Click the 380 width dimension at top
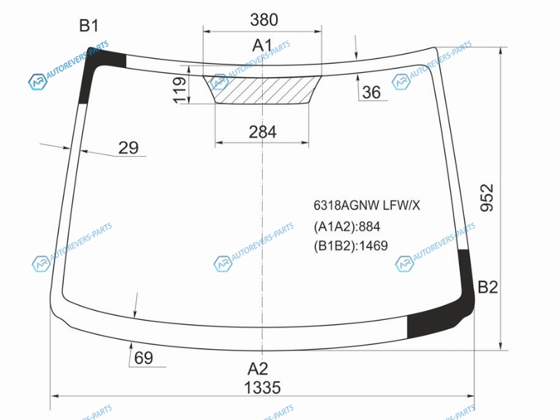(264, 20)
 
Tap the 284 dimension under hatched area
(263, 132)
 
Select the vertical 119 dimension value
(180, 90)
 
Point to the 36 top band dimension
(371, 92)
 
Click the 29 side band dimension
(128, 148)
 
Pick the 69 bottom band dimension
(143, 358)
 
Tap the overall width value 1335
(263, 388)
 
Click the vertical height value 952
(487, 197)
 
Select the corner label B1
(89, 26)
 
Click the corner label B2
(487, 287)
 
